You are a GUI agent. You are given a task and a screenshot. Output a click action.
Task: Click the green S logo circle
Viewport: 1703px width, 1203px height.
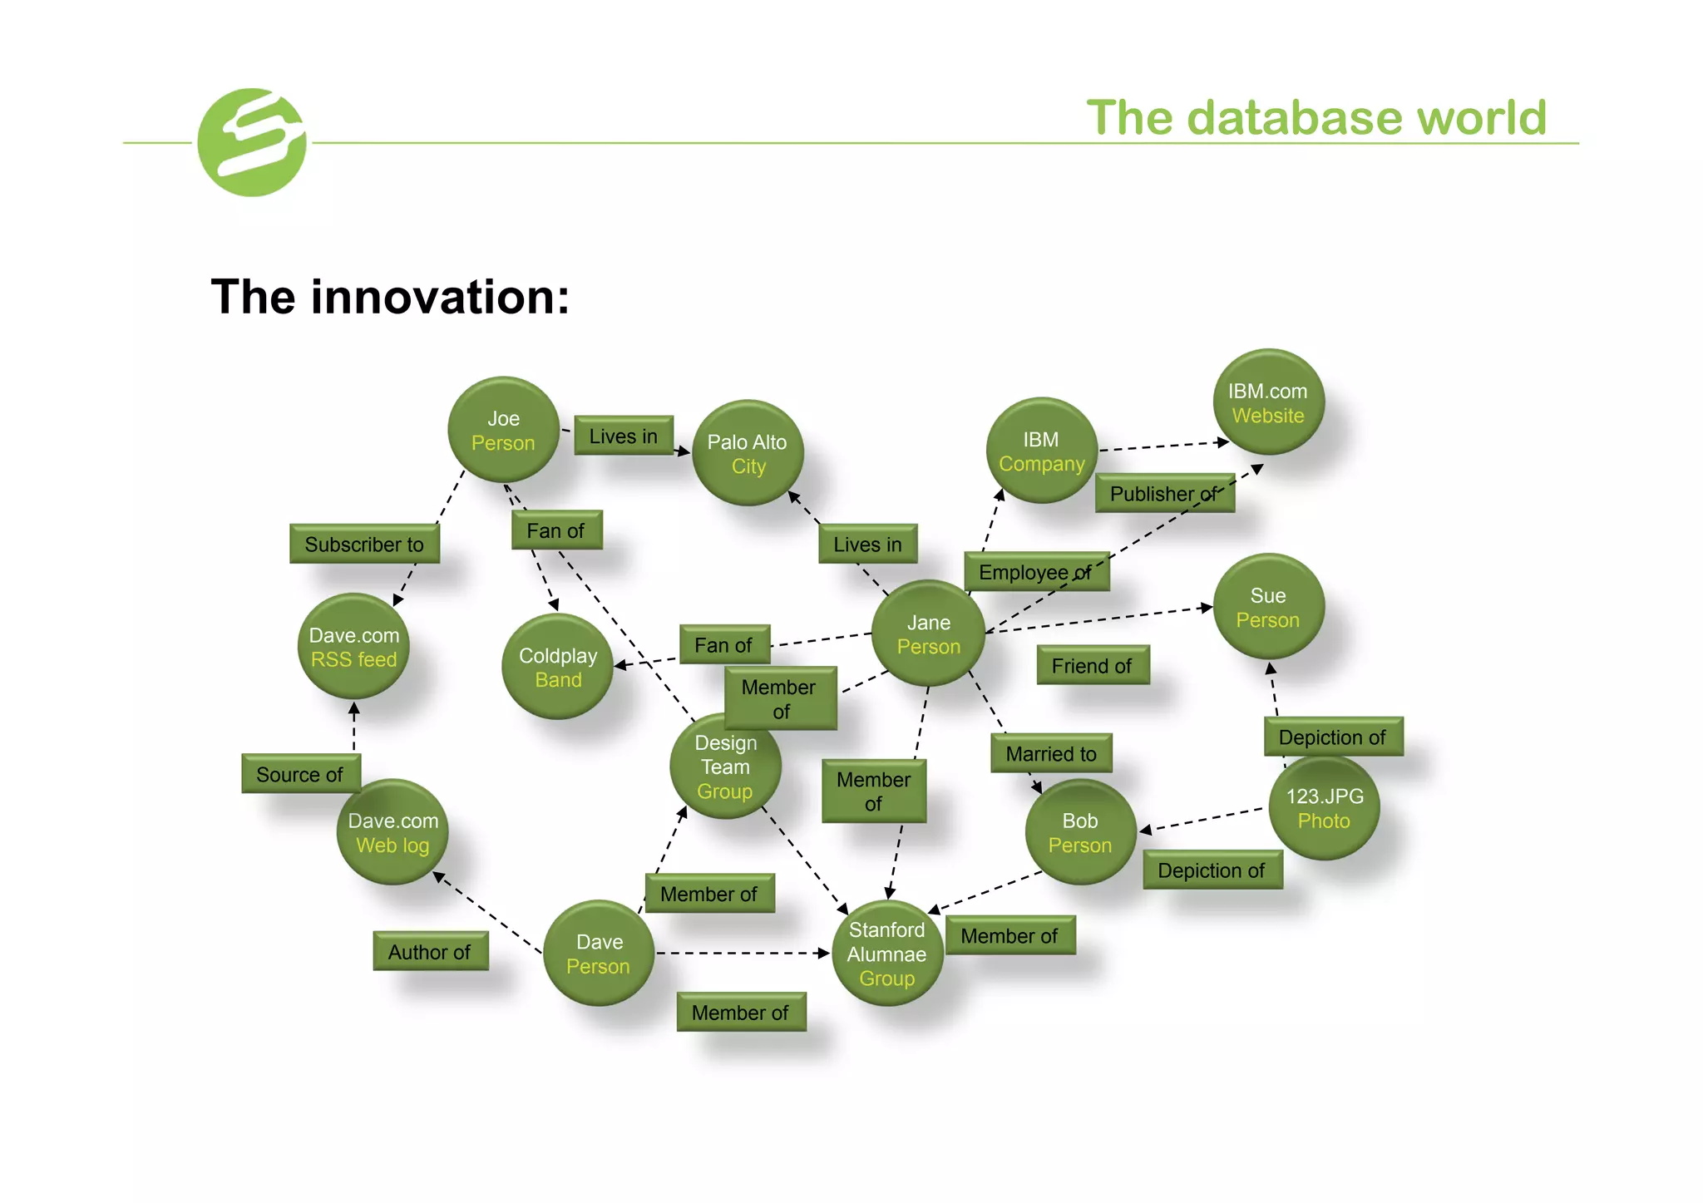(252, 142)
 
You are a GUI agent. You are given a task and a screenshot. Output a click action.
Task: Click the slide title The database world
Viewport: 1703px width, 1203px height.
(1316, 117)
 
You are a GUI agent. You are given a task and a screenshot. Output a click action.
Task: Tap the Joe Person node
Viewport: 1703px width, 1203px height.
(503, 431)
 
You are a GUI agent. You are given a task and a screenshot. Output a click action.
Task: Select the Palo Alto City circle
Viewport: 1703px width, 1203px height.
(748, 454)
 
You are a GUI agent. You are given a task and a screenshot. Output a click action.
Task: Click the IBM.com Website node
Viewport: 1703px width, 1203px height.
(1268, 403)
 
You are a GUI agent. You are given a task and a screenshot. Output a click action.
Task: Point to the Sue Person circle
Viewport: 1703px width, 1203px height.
(1268, 608)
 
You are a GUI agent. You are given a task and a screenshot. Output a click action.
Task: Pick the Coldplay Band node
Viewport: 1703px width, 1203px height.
(558, 667)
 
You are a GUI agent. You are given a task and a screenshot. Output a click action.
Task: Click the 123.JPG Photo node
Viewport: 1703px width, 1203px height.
(1325, 808)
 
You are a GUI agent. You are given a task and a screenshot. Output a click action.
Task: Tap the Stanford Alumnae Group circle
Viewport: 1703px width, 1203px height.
(887, 954)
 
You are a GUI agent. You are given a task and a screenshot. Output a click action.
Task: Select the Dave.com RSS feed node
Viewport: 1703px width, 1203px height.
(354, 647)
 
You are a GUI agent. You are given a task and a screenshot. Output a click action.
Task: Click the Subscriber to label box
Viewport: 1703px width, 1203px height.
(364, 545)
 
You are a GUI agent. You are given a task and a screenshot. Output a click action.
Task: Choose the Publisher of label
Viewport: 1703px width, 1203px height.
(1164, 494)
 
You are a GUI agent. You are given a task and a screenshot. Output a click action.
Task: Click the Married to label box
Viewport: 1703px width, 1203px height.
(1051, 754)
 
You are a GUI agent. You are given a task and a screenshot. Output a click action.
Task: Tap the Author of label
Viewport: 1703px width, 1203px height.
(430, 952)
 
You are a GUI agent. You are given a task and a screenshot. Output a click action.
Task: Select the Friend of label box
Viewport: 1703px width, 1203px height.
(1092, 666)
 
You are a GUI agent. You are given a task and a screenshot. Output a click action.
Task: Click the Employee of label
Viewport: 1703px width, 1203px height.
(1036, 572)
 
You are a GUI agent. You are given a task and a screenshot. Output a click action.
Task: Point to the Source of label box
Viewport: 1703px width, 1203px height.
(300, 774)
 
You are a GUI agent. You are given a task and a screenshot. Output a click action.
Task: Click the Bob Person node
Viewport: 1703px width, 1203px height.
(1080, 832)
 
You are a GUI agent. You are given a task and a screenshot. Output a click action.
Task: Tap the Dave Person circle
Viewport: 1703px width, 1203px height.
(599, 954)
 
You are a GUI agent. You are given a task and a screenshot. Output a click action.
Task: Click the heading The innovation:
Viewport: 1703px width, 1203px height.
(390, 297)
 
